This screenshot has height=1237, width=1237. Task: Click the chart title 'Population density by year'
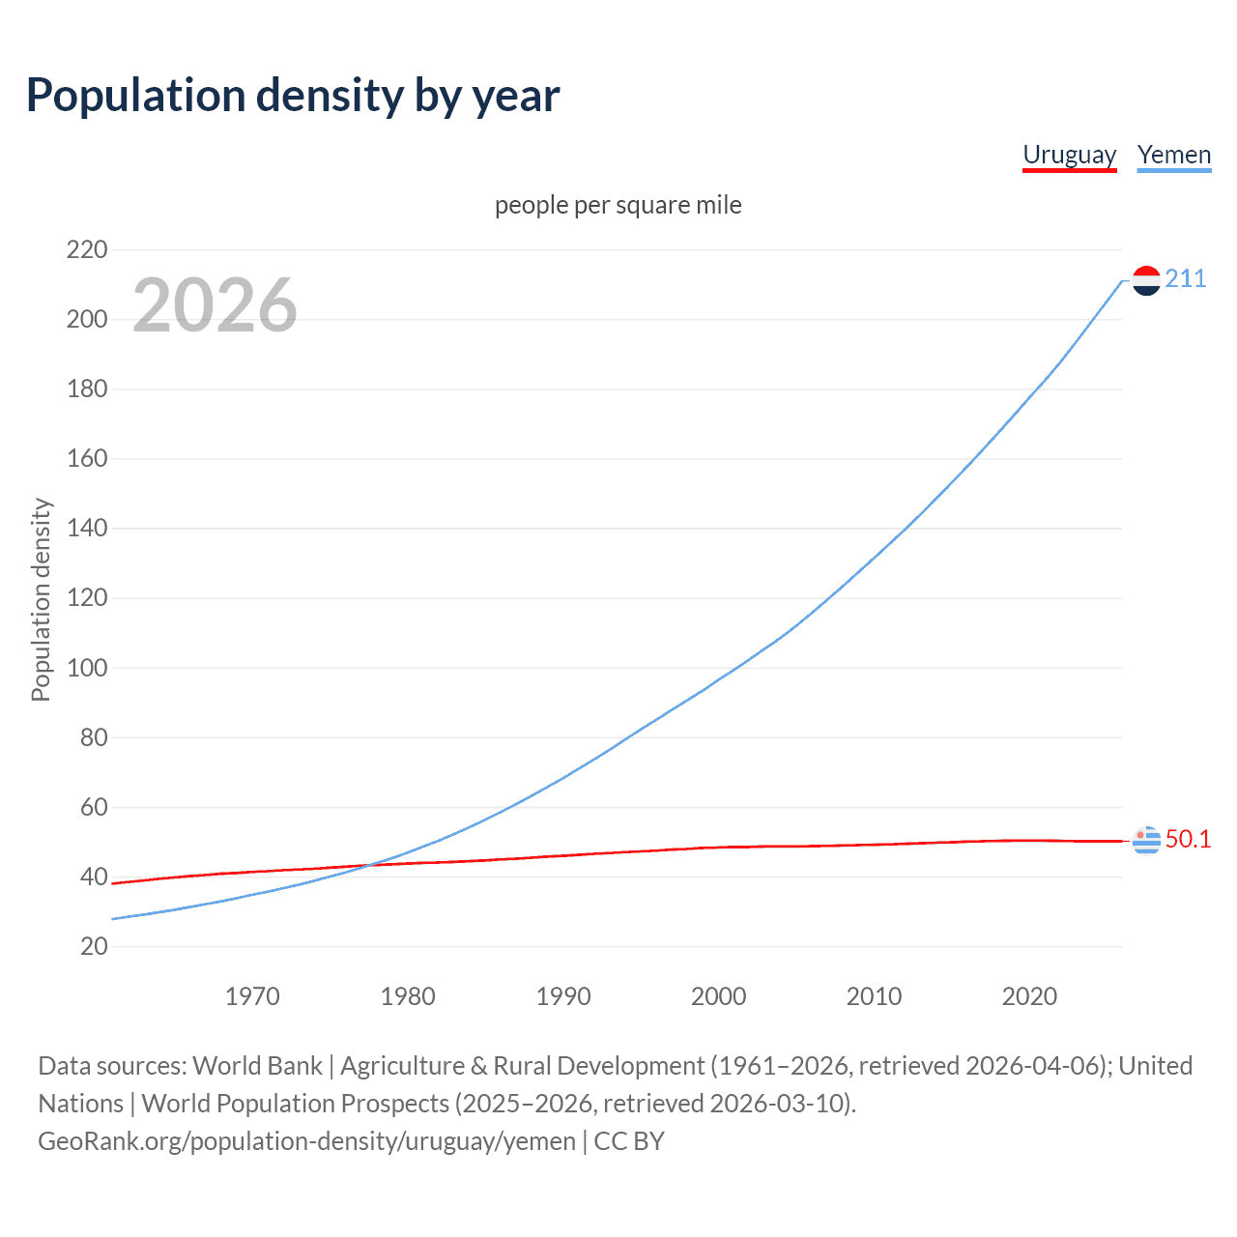pos(293,96)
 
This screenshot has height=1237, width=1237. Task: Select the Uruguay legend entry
pos(1069,155)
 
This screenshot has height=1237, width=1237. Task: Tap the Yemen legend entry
pos(1173,155)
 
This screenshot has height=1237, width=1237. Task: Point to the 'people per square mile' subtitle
pos(618,205)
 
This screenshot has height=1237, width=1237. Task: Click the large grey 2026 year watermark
pos(215,305)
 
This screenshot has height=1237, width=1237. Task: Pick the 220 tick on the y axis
pos(87,250)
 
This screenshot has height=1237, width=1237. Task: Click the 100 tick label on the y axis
pos(87,668)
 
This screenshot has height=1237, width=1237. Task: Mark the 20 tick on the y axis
pos(94,946)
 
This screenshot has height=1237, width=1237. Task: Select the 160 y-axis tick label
pos(87,459)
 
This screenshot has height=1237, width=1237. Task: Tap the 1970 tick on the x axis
pos(252,996)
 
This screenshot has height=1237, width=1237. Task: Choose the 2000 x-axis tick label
pos(718,996)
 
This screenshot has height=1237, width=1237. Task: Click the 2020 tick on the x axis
pos(1029,996)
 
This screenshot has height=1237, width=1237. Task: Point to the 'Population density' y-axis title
pos(41,599)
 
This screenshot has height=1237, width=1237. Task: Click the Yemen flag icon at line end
pos(1146,280)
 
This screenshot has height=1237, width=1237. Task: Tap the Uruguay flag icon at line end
pos(1146,841)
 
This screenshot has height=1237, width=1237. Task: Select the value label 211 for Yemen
pos(1185,279)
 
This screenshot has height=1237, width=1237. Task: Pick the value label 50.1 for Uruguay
pos(1188,840)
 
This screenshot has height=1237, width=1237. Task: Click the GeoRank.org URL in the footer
pos(306,1141)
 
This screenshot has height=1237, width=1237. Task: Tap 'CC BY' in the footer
pos(629,1141)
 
